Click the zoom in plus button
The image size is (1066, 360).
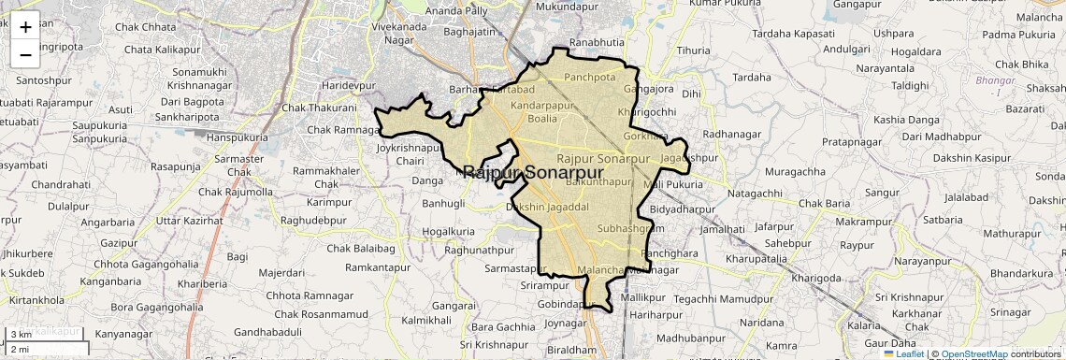[x=25, y=27]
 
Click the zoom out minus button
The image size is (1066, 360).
[x=25, y=55]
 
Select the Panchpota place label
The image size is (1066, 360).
[x=590, y=78]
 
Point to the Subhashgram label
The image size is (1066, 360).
[x=629, y=228]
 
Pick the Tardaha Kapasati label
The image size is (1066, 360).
[x=792, y=33]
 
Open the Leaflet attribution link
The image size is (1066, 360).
[x=904, y=353]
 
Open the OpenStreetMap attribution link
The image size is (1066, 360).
[x=973, y=353]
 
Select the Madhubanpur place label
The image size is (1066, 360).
[x=691, y=338]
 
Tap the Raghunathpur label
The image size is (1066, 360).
[x=480, y=250]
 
